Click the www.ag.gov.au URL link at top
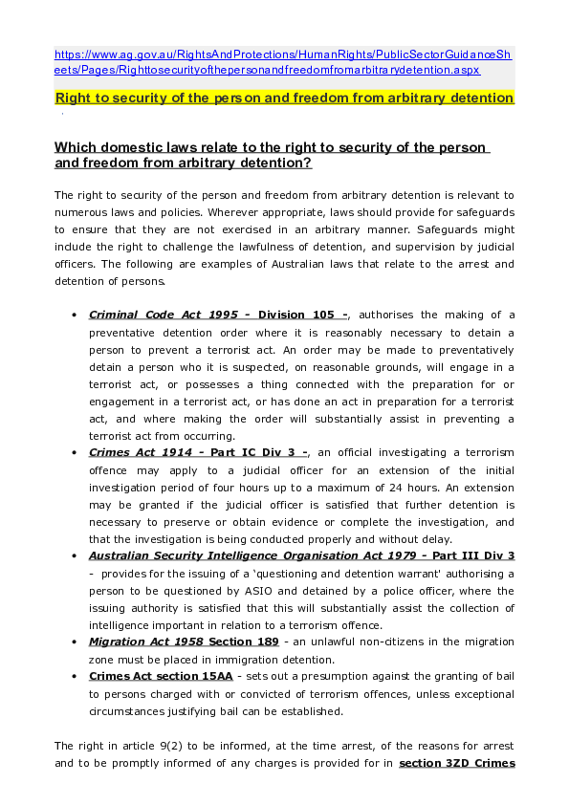283,63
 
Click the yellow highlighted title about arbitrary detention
285,98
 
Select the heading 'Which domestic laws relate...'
273,155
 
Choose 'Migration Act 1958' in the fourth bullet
144,642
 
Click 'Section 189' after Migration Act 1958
243,642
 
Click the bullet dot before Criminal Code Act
76,315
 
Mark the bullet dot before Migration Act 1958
76,642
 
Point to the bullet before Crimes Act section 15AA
76,677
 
